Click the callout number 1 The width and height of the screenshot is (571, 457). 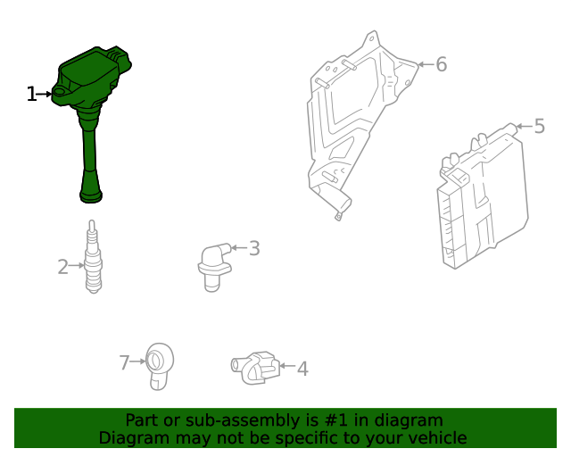[31, 94]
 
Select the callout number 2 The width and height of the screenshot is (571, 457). [62, 266]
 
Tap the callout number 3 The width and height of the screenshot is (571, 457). [254, 248]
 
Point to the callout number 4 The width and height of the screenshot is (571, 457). [302, 368]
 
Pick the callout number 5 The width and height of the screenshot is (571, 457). [539, 126]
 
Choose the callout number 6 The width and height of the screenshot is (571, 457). [441, 64]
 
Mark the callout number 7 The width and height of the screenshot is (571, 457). [125, 362]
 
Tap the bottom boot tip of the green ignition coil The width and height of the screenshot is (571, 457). [92, 194]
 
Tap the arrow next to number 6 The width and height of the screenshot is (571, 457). [424, 64]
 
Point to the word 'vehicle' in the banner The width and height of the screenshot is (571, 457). [435, 438]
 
